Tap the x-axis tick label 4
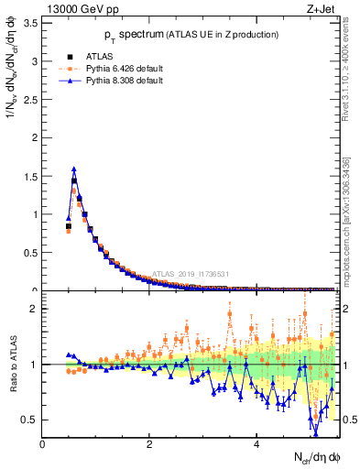257,444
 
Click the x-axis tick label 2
149,444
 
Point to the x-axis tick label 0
42,444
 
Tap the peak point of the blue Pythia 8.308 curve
74,169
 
